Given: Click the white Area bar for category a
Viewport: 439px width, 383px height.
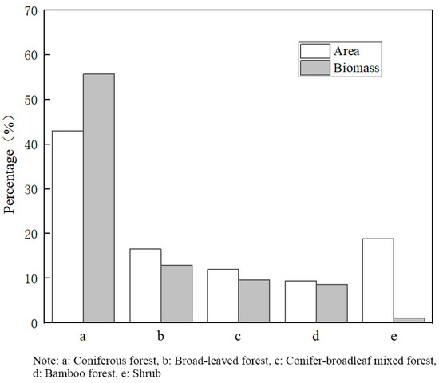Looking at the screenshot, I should click(68, 227).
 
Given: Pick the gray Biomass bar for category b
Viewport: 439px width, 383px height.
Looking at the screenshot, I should click(176, 294).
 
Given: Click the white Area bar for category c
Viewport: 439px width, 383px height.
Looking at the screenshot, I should click(223, 296).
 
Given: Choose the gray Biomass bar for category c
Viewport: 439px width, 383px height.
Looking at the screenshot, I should click(254, 302).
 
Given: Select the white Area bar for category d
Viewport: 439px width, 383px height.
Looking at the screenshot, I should click(300, 302).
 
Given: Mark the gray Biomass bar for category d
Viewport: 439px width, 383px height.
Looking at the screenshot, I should click(331, 304).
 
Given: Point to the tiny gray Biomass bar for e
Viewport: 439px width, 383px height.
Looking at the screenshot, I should click(409, 320).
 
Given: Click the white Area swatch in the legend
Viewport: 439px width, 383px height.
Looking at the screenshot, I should click(314, 51).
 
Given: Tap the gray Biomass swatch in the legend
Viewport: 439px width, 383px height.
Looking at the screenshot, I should click(314, 69).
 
